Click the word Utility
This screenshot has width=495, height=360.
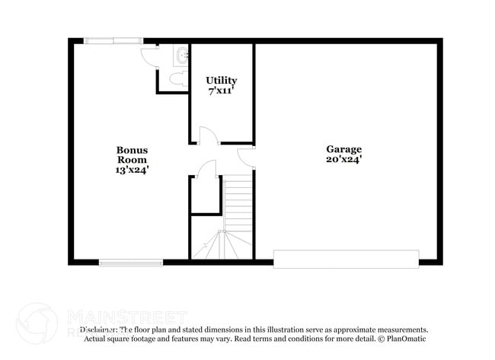(222, 80)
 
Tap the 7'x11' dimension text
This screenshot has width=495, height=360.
(222, 91)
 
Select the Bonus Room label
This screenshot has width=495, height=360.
(132, 155)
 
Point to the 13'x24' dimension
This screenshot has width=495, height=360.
(132, 170)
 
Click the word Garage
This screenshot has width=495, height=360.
(344, 149)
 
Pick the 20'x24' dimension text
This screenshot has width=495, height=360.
(344, 160)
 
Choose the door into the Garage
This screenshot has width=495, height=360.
(247, 156)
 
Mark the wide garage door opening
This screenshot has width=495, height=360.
(346, 259)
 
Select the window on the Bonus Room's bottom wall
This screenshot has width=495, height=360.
(130, 263)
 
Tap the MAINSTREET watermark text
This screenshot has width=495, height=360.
(126, 315)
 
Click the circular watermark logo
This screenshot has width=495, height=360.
(37, 323)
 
